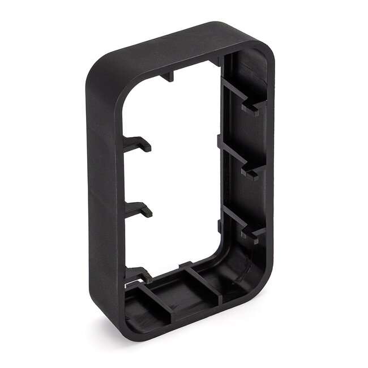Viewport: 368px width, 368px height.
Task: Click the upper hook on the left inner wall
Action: [x=138, y=145]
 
